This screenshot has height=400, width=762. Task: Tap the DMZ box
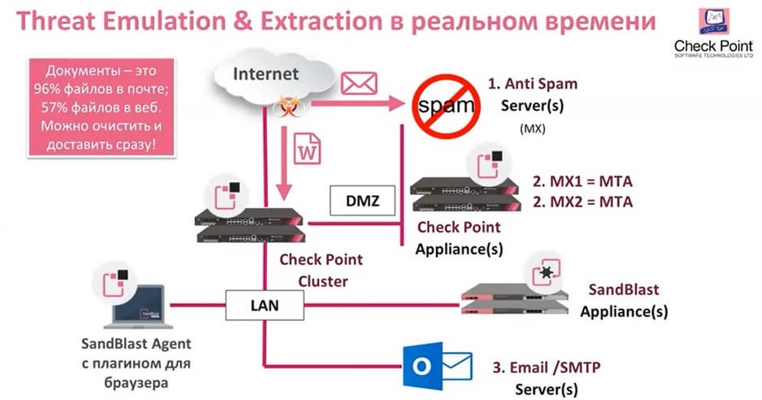coord(361,198)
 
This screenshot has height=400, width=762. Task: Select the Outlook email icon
coord(438,365)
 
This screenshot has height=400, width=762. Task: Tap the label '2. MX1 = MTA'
coord(581,180)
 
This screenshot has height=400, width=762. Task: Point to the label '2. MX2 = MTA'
coord(581,201)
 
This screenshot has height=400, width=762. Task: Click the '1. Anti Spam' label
coord(533,83)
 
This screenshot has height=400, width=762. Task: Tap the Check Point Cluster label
coord(320,270)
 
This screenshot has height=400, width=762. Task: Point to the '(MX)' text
coord(531,129)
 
